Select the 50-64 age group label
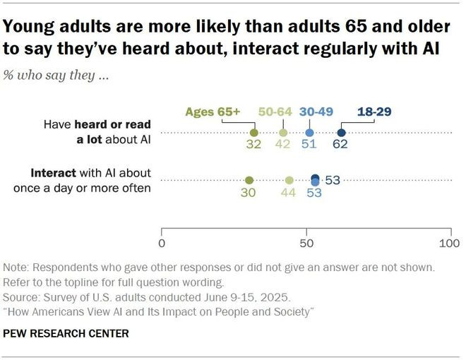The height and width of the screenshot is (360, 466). pyautogui.click(x=275, y=112)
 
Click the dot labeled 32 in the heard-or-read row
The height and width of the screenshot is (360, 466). pyautogui.click(x=254, y=132)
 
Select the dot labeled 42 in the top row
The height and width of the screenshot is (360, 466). pyautogui.click(x=283, y=132)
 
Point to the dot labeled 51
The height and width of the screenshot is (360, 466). pyautogui.click(x=309, y=132)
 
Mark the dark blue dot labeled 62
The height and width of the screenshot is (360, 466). pyautogui.click(x=341, y=132)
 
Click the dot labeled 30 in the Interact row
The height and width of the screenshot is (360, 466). pyautogui.click(x=249, y=180)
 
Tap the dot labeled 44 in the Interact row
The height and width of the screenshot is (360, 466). pyautogui.click(x=289, y=180)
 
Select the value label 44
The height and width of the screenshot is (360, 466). pyautogui.click(x=289, y=193)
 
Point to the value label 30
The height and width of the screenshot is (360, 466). pyautogui.click(x=248, y=193)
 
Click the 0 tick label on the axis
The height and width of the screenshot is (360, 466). pyautogui.click(x=162, y=244)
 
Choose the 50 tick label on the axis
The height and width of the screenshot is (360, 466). pyautogui.click(x=306, y=244)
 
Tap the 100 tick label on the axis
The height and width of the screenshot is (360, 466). pyautogui.click(x=449, y=244)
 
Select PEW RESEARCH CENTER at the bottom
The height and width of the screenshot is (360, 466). pyautogui.click(x=66, y=333)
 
